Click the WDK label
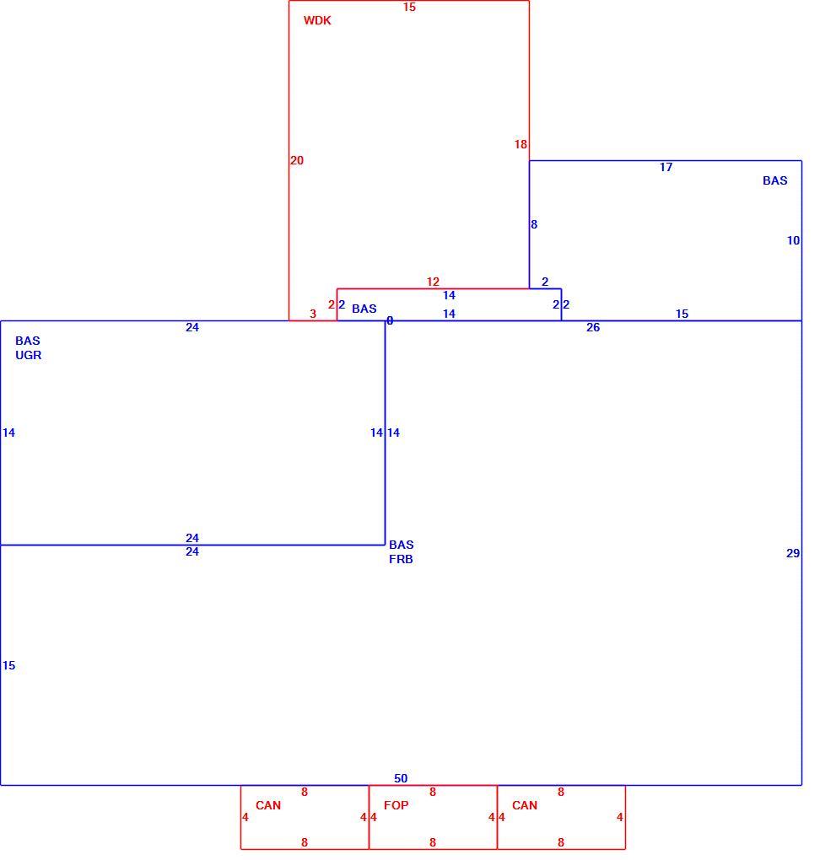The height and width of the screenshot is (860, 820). [317, 20]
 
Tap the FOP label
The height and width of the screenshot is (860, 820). [396, 805]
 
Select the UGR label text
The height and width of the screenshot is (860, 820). [28, 355]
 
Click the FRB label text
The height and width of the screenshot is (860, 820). [401, 559]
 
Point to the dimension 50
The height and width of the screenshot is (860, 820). [401, 778]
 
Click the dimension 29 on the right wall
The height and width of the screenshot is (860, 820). [792, 553]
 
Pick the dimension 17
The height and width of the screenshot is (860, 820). [666, 167]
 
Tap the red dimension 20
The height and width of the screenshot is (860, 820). [297, 160]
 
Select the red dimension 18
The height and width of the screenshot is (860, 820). [521, 144]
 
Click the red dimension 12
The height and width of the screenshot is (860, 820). [433, 282]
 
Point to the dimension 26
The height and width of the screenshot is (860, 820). [593, 327]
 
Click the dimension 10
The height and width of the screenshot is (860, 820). [793, 240]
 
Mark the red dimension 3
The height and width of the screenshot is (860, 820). [313, 314]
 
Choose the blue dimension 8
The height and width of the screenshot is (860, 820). [534, 224]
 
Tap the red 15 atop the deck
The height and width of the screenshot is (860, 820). [409, 7]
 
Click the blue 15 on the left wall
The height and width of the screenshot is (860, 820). [8, 665]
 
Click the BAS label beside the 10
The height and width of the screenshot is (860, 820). [775, 180]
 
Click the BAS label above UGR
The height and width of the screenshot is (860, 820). [28, 341]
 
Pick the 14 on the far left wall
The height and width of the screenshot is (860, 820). [8, 433]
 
